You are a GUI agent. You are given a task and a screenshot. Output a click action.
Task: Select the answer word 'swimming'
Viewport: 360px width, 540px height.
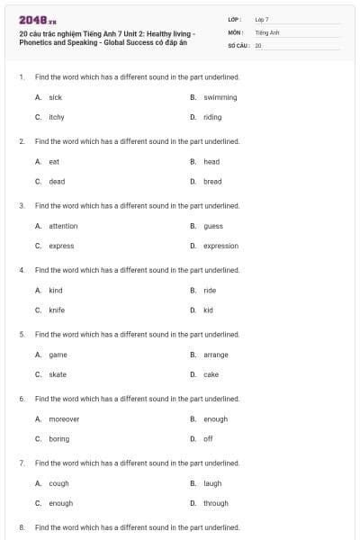220,97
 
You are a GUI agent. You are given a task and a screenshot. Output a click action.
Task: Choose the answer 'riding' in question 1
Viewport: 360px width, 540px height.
212,117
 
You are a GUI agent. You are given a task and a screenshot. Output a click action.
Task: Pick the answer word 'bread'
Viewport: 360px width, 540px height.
212,182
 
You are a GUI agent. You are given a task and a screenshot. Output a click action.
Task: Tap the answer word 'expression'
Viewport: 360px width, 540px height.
220,246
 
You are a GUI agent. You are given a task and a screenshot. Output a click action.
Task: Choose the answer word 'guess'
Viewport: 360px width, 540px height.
213,226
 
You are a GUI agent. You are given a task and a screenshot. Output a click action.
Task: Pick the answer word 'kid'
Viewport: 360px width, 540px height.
208,310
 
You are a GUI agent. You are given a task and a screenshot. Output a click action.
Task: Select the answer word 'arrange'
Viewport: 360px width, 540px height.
216,355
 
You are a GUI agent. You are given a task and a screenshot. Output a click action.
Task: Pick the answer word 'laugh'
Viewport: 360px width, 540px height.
212,483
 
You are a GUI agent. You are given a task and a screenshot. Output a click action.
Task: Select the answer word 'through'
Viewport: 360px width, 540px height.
216,503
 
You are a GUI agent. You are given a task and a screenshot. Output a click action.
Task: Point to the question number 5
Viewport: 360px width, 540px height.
22,334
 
